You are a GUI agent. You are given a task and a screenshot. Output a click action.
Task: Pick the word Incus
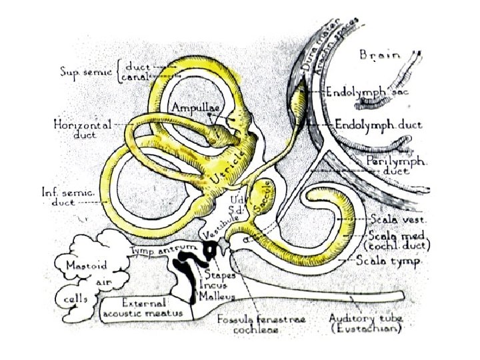[x=215, y=285]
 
